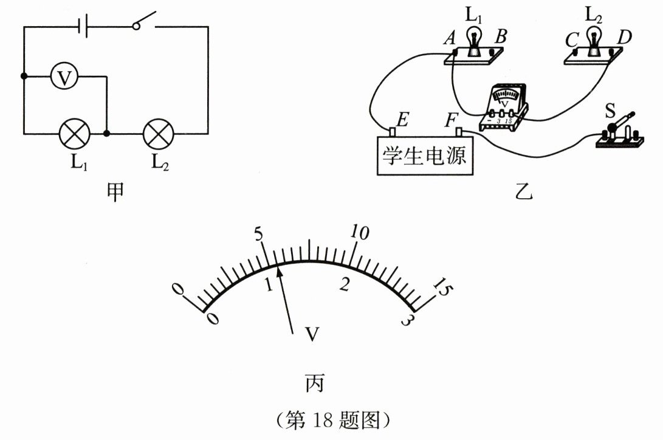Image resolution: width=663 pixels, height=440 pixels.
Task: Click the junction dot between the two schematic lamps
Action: pos(107,132)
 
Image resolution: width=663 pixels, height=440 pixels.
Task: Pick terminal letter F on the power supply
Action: pos(450,119)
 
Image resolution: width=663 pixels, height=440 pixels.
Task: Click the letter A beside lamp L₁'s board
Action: pos(450,38)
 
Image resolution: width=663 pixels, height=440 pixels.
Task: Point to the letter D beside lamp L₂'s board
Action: pos(623,38)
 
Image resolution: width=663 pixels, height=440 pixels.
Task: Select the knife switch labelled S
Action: pos(618,131)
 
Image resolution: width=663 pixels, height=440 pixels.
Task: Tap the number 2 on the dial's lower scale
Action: pos(345,284)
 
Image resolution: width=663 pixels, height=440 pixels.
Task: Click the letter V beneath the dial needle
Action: pos(312,334)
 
